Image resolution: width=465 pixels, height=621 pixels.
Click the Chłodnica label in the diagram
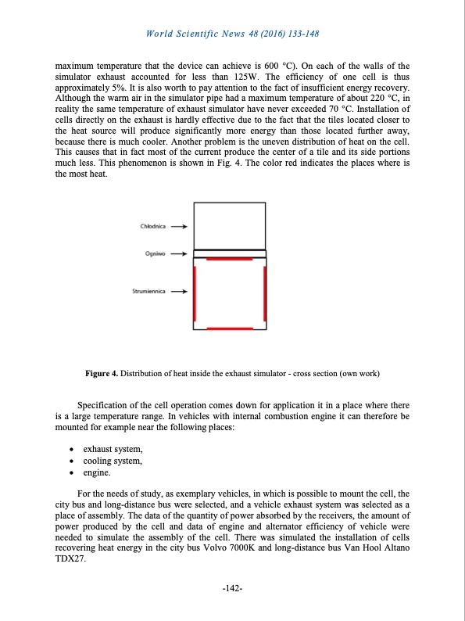tap(155, 227)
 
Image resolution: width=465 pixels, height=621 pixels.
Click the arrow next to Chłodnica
tap(179, 227)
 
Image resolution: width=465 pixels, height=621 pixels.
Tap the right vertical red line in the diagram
tap(266, 293)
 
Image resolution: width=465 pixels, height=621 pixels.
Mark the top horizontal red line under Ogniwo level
tap(230, 258)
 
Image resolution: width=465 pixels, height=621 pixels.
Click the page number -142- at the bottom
tap(233, 589)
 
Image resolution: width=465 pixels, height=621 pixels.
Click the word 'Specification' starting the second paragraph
tap(103, 404)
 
